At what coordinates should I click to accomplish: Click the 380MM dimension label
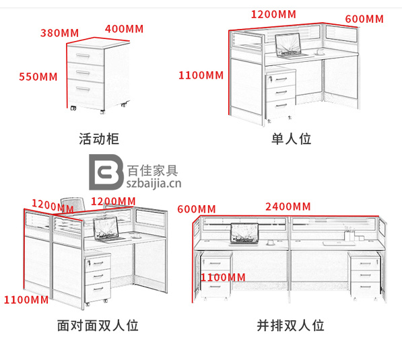[59, 33]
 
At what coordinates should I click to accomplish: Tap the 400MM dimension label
[124, 29]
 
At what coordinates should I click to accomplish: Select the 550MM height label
[38, 77]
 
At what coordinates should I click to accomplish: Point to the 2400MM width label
[288, 207]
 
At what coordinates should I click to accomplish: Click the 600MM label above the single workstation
[364, 19]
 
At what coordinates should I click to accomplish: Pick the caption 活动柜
[99, 139]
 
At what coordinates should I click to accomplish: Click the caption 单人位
[292, 139]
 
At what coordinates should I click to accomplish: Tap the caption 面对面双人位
[98, 326]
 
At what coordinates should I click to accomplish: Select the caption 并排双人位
[290, 326]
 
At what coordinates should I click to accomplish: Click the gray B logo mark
[105, 172]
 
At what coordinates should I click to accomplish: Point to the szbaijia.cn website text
[154, 184]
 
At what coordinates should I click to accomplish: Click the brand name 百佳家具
[153, 170]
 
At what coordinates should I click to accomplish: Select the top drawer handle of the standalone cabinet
[83, 56]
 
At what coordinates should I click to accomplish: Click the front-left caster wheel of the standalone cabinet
[73, 108]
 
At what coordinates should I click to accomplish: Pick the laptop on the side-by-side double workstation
[244, 234]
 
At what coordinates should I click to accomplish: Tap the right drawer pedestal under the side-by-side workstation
[364, 275]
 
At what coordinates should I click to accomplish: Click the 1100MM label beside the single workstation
[201, 75]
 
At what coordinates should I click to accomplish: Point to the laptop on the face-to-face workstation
[108, 230]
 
